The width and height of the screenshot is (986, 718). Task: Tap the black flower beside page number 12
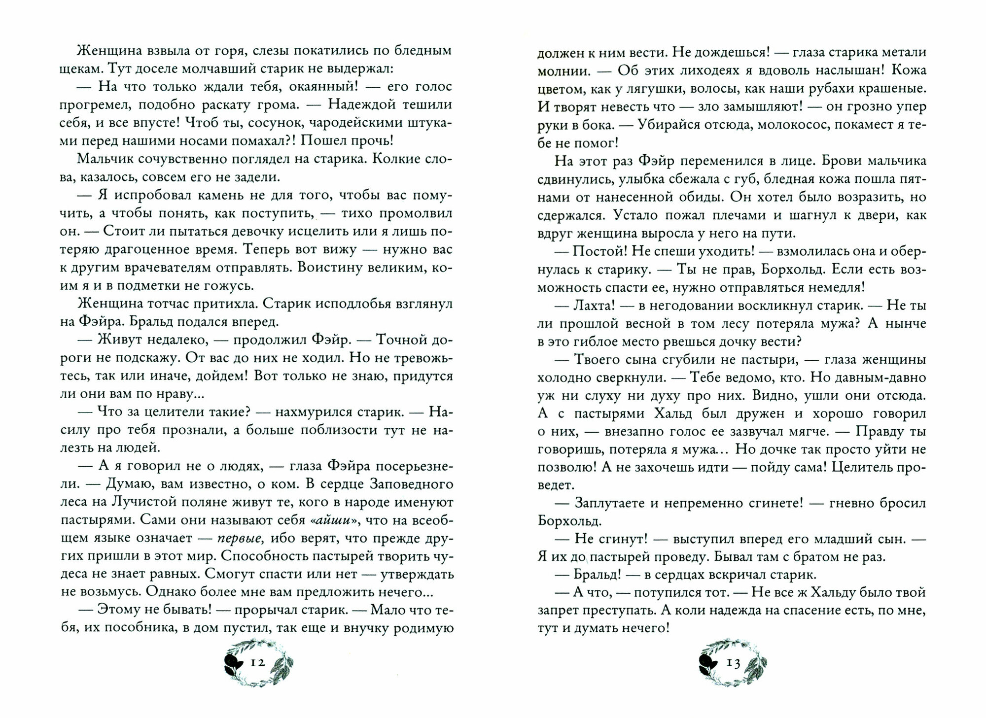point(232,662)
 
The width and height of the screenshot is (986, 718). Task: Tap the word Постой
point(597,251)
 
